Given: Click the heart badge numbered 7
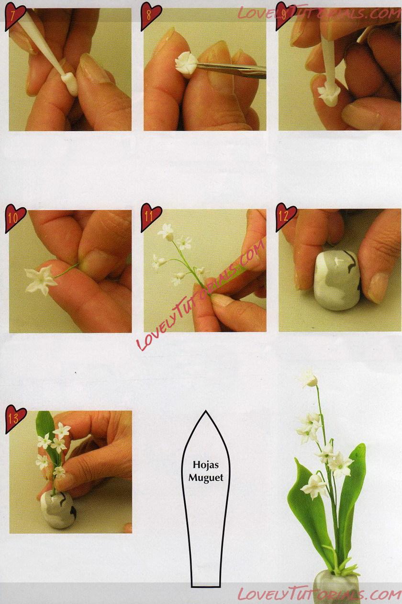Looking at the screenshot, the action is pyautogui.click(x=15, y=17).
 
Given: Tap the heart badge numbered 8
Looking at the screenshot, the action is pyautogui.click(x=150, y=16).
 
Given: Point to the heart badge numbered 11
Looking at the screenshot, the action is pyautogui.click(x=151, y=218).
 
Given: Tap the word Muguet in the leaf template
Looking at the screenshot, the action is pyautogui.click(x=206, y=478).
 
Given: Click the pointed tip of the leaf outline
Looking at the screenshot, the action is pyautogui.click(x=206, y=410).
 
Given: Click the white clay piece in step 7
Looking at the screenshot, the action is pyautogui.click(x=69, y=83).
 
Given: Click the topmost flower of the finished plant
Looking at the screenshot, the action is pyautogui.click(x=309, y=379).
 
